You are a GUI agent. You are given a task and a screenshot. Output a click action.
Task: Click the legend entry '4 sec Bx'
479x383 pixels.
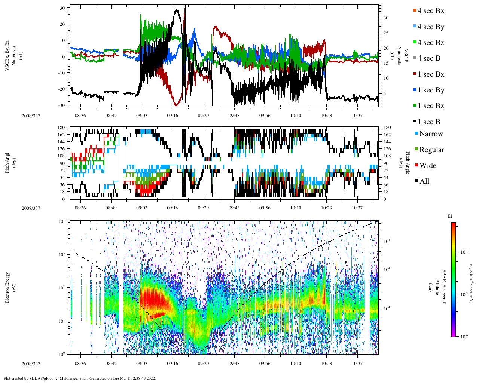431,11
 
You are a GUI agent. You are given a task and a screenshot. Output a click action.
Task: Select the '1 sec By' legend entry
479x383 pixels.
431,90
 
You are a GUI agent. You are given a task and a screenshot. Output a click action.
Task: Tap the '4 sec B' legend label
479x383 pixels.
428,58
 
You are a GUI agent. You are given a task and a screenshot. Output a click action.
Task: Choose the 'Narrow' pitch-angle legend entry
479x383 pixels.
431,134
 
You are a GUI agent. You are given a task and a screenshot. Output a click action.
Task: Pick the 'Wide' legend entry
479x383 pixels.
427,166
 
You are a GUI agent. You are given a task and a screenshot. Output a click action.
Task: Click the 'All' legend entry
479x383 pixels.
424,181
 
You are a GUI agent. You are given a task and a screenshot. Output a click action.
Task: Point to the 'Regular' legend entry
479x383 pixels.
431,150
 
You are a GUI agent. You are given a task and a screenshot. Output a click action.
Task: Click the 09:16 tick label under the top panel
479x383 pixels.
173,116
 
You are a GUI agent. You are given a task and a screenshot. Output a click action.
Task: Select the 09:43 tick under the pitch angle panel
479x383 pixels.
234,208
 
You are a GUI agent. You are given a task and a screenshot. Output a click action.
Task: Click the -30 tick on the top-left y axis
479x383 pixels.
61,105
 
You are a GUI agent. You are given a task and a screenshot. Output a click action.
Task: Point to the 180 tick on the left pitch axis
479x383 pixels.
61,128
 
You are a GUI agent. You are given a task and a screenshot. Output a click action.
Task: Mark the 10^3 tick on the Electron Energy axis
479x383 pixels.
61,254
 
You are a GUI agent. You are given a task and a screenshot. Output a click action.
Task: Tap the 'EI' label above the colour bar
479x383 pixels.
450,216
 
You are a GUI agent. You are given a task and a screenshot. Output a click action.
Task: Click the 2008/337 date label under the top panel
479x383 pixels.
31,116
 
